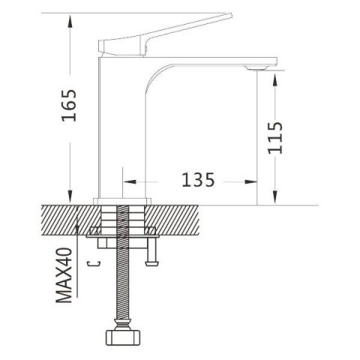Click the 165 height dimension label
point(69,105)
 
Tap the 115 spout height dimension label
point(275,138)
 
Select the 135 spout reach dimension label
point(198,180)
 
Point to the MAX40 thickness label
point(64,275)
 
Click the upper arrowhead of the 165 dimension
point(70,20)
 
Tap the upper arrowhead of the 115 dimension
point(275,79)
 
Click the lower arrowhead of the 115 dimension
point(275,196)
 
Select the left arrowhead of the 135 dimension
point(130,181)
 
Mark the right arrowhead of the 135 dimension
point(250,181)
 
